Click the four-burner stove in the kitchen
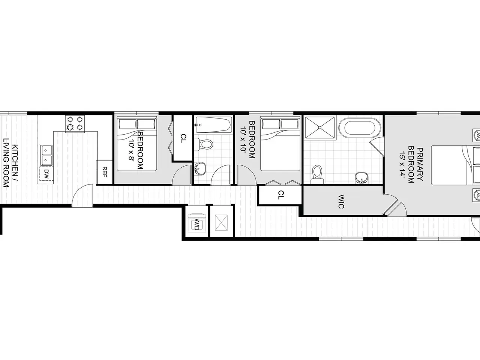click(x=75, y=124)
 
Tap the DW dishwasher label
click(x=46, y=174)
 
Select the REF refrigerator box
click(x=105, y=172)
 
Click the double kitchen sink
click(x=46, y=156)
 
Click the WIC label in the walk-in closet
click(x=341, y=201)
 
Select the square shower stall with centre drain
click(x=320, y=127)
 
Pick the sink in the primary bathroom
click(x=361, y=178)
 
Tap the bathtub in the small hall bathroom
click(x=213, y=125)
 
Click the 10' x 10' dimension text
click(x=243, y=139)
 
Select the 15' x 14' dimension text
click(x=402, y=165)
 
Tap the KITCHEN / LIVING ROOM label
click(x=10, y=163)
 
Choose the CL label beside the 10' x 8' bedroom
click(x=183, y=139)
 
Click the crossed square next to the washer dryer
click(x=221, y=223)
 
